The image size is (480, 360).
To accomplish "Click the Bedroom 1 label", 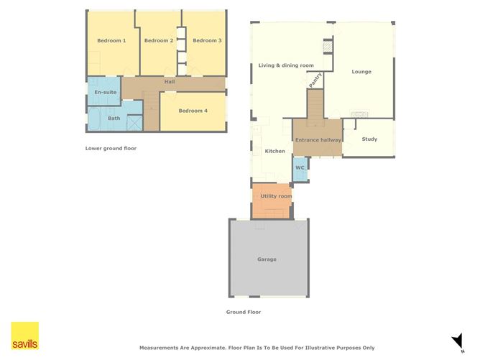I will pos(111,41).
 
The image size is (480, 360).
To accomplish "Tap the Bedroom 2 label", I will pos(159,41).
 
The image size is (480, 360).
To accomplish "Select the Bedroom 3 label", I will pos(207,41).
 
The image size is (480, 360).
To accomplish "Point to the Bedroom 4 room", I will pos(193,111).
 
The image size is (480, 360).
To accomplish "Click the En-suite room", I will pos(103,93).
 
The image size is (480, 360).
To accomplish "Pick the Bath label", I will pos(114,118).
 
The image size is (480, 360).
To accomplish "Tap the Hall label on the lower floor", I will pos(170,82).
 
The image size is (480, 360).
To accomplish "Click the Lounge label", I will pos(361,72).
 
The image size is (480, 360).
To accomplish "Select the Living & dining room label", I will pos(286,66).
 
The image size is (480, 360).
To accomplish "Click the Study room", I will pos(369,139).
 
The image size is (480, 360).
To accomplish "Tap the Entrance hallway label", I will pos(317,139).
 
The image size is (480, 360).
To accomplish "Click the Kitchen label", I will pos(275,152).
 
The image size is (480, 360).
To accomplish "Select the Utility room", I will pos(275,196).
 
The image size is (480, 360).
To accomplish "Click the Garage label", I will pos(267,259).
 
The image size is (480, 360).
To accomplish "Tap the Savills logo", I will pos(24,336).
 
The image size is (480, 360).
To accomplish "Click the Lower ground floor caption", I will pos(110,148).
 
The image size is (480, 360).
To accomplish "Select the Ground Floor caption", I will pos(243,312).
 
